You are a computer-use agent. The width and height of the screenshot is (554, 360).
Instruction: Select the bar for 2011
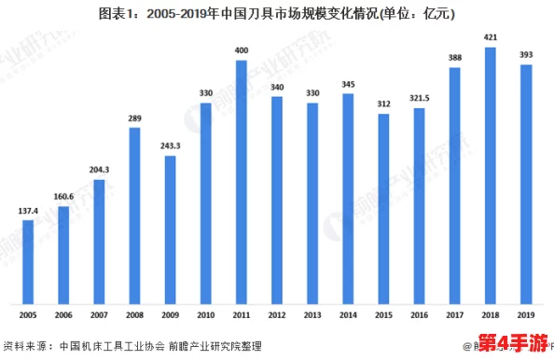tap(242, 182)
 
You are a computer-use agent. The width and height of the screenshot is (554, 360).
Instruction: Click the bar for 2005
tap(28, 262)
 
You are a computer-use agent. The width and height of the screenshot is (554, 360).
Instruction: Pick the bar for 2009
tap(170, 229)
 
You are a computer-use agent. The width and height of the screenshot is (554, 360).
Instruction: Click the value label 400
tap(242, 49)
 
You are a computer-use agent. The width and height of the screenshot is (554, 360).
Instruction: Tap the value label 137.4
tap(28, 210)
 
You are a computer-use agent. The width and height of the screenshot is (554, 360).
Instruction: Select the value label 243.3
tap(170, 145)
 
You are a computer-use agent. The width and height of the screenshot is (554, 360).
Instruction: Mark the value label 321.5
tap(419, 97)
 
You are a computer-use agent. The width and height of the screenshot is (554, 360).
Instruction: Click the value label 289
tap(134, 118)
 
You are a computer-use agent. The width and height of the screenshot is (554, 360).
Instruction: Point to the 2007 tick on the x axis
tap(99, 316)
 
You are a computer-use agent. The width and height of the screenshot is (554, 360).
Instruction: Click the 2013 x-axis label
tap(312, 316)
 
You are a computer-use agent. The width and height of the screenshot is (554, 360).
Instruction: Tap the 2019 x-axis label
tap(526, 316)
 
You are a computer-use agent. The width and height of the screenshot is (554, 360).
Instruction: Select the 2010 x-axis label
tap(206, 316)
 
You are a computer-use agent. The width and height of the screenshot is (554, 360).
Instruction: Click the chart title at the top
tap(276, 13)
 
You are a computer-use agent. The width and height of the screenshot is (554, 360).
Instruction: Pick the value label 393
tap(526, 54)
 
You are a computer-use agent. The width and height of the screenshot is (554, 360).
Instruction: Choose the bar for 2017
tap(455, 186)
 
